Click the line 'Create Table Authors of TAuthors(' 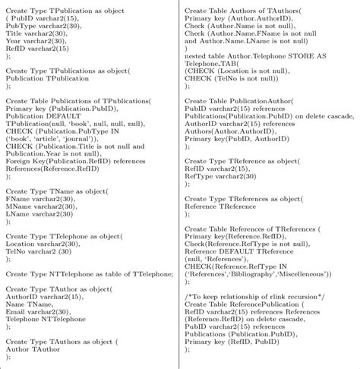240,8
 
